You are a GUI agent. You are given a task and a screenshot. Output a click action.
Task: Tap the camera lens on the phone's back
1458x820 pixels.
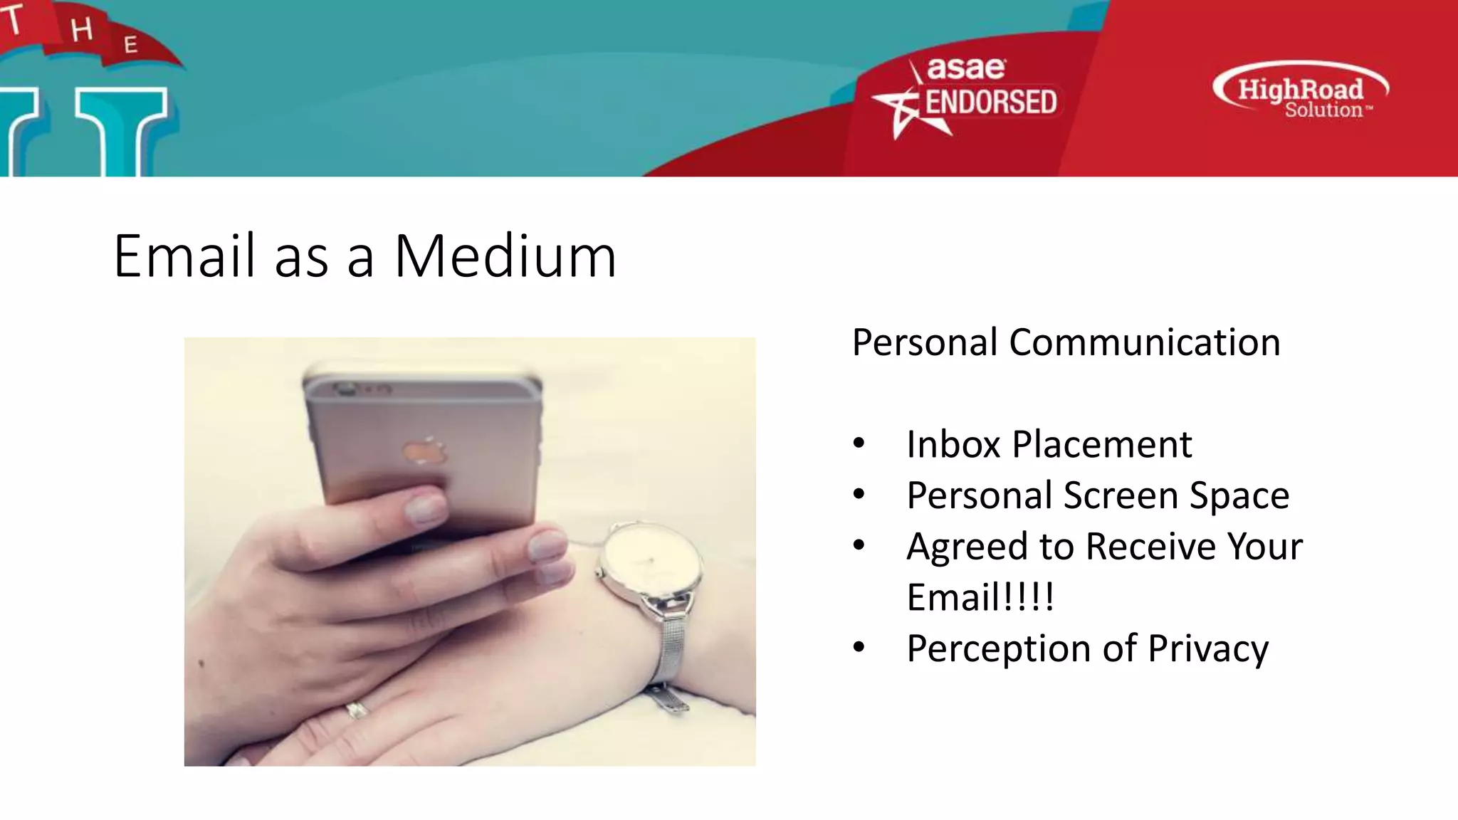[347, 389]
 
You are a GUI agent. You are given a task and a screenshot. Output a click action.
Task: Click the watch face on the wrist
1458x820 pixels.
[650, 561]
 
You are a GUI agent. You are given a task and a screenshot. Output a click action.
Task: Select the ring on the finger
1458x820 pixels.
[355, 709]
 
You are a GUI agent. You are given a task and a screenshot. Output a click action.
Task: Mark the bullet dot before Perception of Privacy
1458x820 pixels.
[859, 647]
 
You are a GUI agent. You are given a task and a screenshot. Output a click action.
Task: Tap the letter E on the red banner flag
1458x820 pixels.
[130, 46]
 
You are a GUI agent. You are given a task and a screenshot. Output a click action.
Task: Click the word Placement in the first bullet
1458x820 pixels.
[1101, 445]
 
